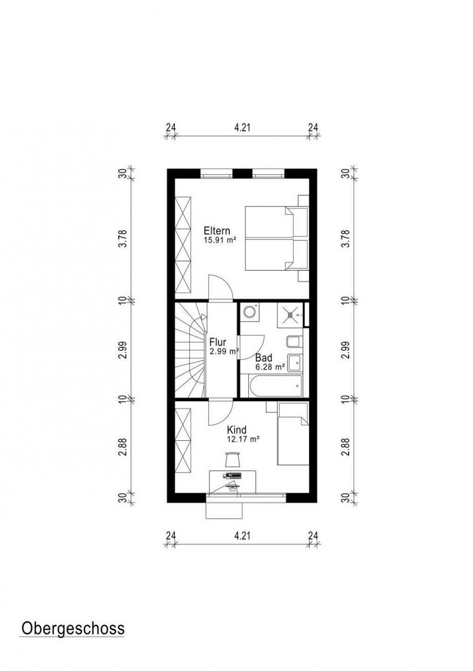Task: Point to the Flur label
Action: [218, 342]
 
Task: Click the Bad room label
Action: [264, 358]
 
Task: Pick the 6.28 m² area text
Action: [270, 367]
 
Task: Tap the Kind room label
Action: [236, 430]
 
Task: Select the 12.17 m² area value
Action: [243, 439]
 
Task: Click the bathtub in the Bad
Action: [275, 386]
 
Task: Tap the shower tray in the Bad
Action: [289, 314]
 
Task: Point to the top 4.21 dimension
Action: [242, 128]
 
